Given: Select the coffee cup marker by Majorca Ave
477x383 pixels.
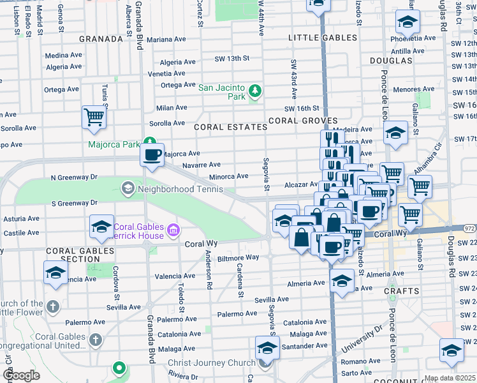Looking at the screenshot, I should (152, 155).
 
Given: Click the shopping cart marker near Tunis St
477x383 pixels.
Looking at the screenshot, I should (94, 117).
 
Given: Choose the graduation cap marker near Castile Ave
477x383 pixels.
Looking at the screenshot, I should (101, 226).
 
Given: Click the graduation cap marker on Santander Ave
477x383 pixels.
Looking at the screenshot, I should (267, 348).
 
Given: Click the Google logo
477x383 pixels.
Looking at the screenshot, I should (21, 375).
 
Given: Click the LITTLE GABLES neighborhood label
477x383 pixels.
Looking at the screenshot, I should (323, 38).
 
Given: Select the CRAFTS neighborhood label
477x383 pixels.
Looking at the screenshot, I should (401, 290).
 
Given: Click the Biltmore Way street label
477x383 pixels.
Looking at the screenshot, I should (238, 258).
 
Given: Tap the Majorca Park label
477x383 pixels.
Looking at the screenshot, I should (114, 144).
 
